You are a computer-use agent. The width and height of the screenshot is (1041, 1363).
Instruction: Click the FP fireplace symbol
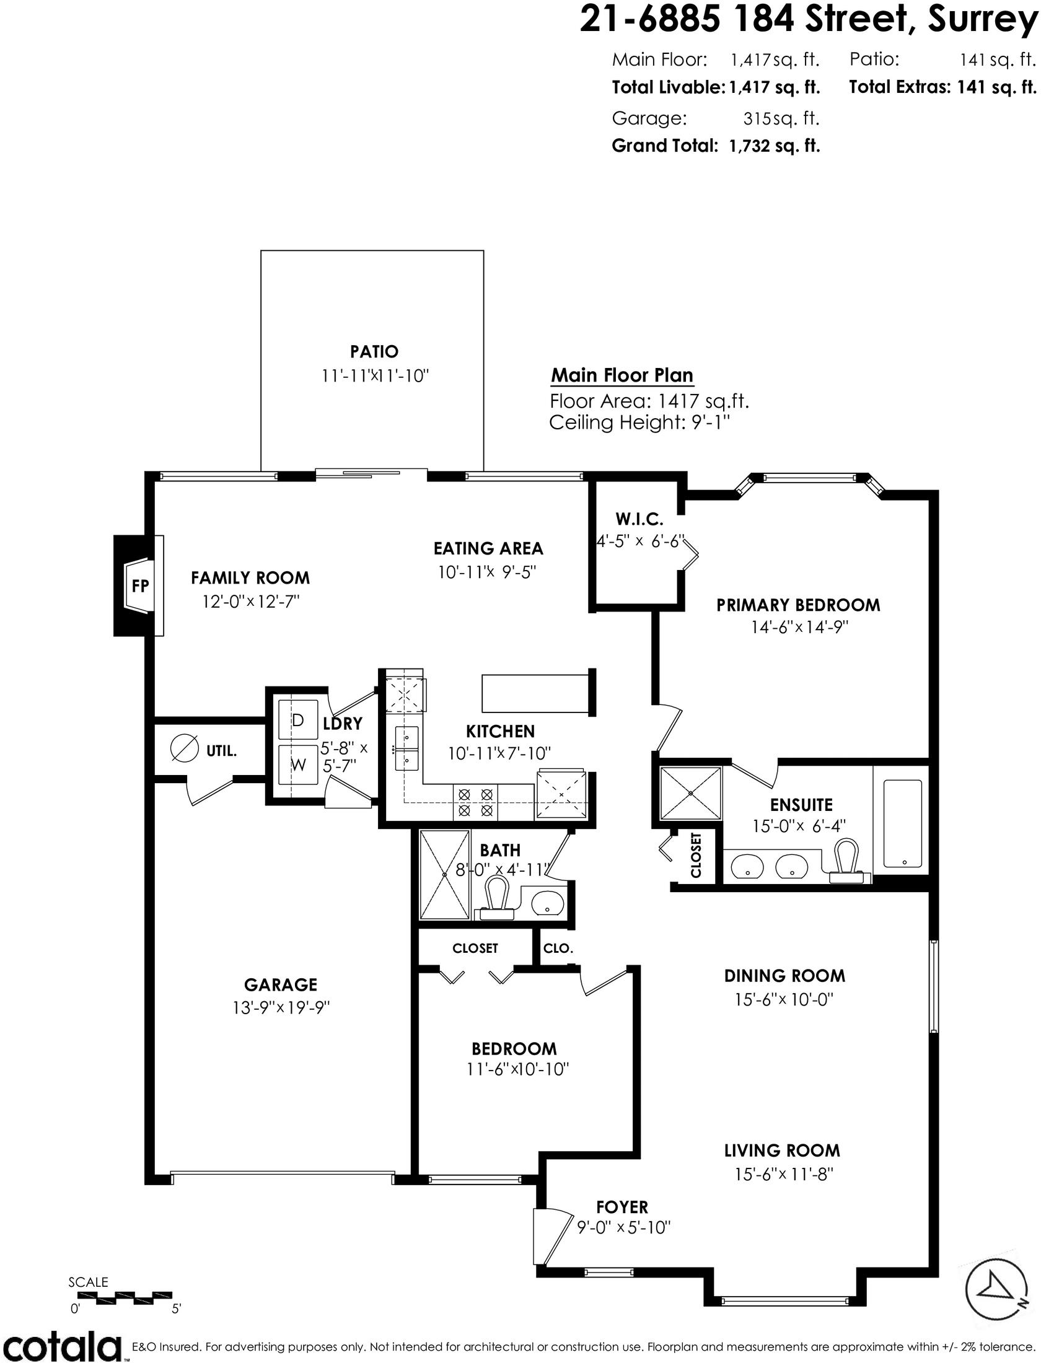(x=140, y=585)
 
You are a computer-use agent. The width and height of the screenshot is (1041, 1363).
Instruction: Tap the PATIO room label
(x=374, y=352)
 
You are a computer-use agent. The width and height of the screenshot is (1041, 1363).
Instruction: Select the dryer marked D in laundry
(x=298, y=720)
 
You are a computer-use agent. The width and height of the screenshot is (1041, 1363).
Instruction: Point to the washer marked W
(x=298, y=765)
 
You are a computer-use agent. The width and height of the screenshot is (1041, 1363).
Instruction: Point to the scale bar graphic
(x=123, y=1296)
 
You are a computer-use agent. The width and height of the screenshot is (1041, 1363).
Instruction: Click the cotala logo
(x=61, y=1345)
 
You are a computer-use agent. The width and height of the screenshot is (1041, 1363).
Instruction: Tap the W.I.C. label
(x=639, y=519)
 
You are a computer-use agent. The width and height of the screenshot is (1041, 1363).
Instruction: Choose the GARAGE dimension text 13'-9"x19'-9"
(x=280, y=1007)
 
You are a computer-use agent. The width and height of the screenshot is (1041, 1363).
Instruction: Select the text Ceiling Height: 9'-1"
(x=639, y=423)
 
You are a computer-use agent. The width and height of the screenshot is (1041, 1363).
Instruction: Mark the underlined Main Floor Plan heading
(x=622, y=375)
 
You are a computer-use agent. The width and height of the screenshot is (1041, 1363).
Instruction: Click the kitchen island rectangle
(x=535, y=693)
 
